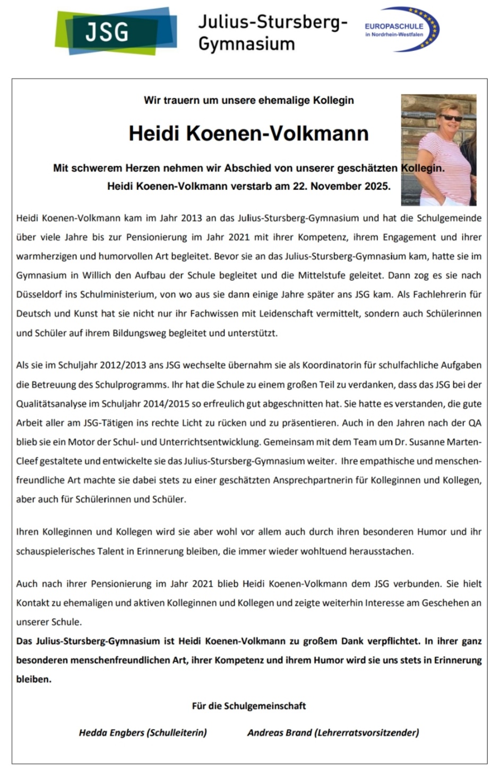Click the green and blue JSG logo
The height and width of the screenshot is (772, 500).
click(x=116, y=31)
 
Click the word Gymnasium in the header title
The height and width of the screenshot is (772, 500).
click(x=246, y=44)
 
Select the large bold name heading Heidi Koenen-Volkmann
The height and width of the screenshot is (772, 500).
click(x=248, y=133)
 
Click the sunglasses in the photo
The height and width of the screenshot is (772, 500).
click(x=451, y=118)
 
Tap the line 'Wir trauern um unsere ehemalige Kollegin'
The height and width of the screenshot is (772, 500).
click(x=248, y=100)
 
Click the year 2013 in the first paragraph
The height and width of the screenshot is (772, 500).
click(x=192, y=218)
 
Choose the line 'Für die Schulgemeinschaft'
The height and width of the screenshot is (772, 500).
click(x=248, y=706)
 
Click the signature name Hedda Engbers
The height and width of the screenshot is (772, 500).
click(x=111, y=733)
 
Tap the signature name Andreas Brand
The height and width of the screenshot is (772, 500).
click(x=280, y=733)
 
